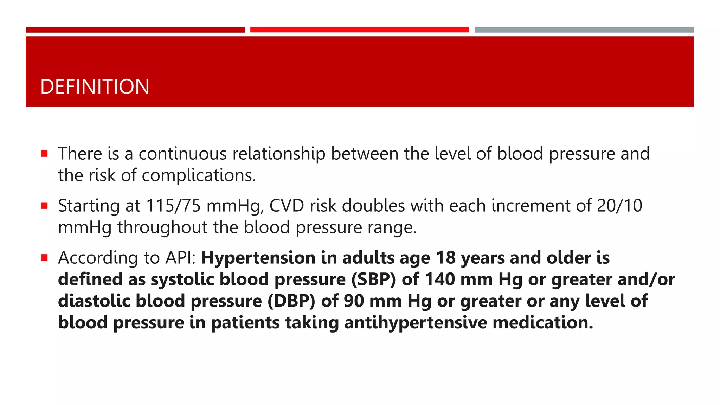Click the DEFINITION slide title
pyautogui.click(x=95, y=86)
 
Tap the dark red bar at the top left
pyautogui.click(x=135, y=30)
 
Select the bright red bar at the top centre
pyautogui.click(x=359, y=30)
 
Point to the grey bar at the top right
pyautogui.click(x=584, y=30)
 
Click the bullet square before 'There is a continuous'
pyautogui.click(x=44, y=154)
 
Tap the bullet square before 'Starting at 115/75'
pyautogui.click(x=44, y=206)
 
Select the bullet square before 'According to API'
pyautogui.click(x=44, y=258)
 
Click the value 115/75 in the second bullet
pyautogui.click(x=173, y=206)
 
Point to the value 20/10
pyautogui.click(x=619, y=206)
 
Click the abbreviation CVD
pyautogui.click(x=287, y=206)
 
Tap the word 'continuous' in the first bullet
pyautogui.click(x=182, y=154)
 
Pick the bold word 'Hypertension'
pyautogui.click(x=258, y=258)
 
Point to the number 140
pyautogui.click(x=440, y=279)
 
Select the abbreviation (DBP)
pyautogui.click(x=291, y=301)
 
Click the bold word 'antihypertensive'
pyautogui.click(x=416, y=323)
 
